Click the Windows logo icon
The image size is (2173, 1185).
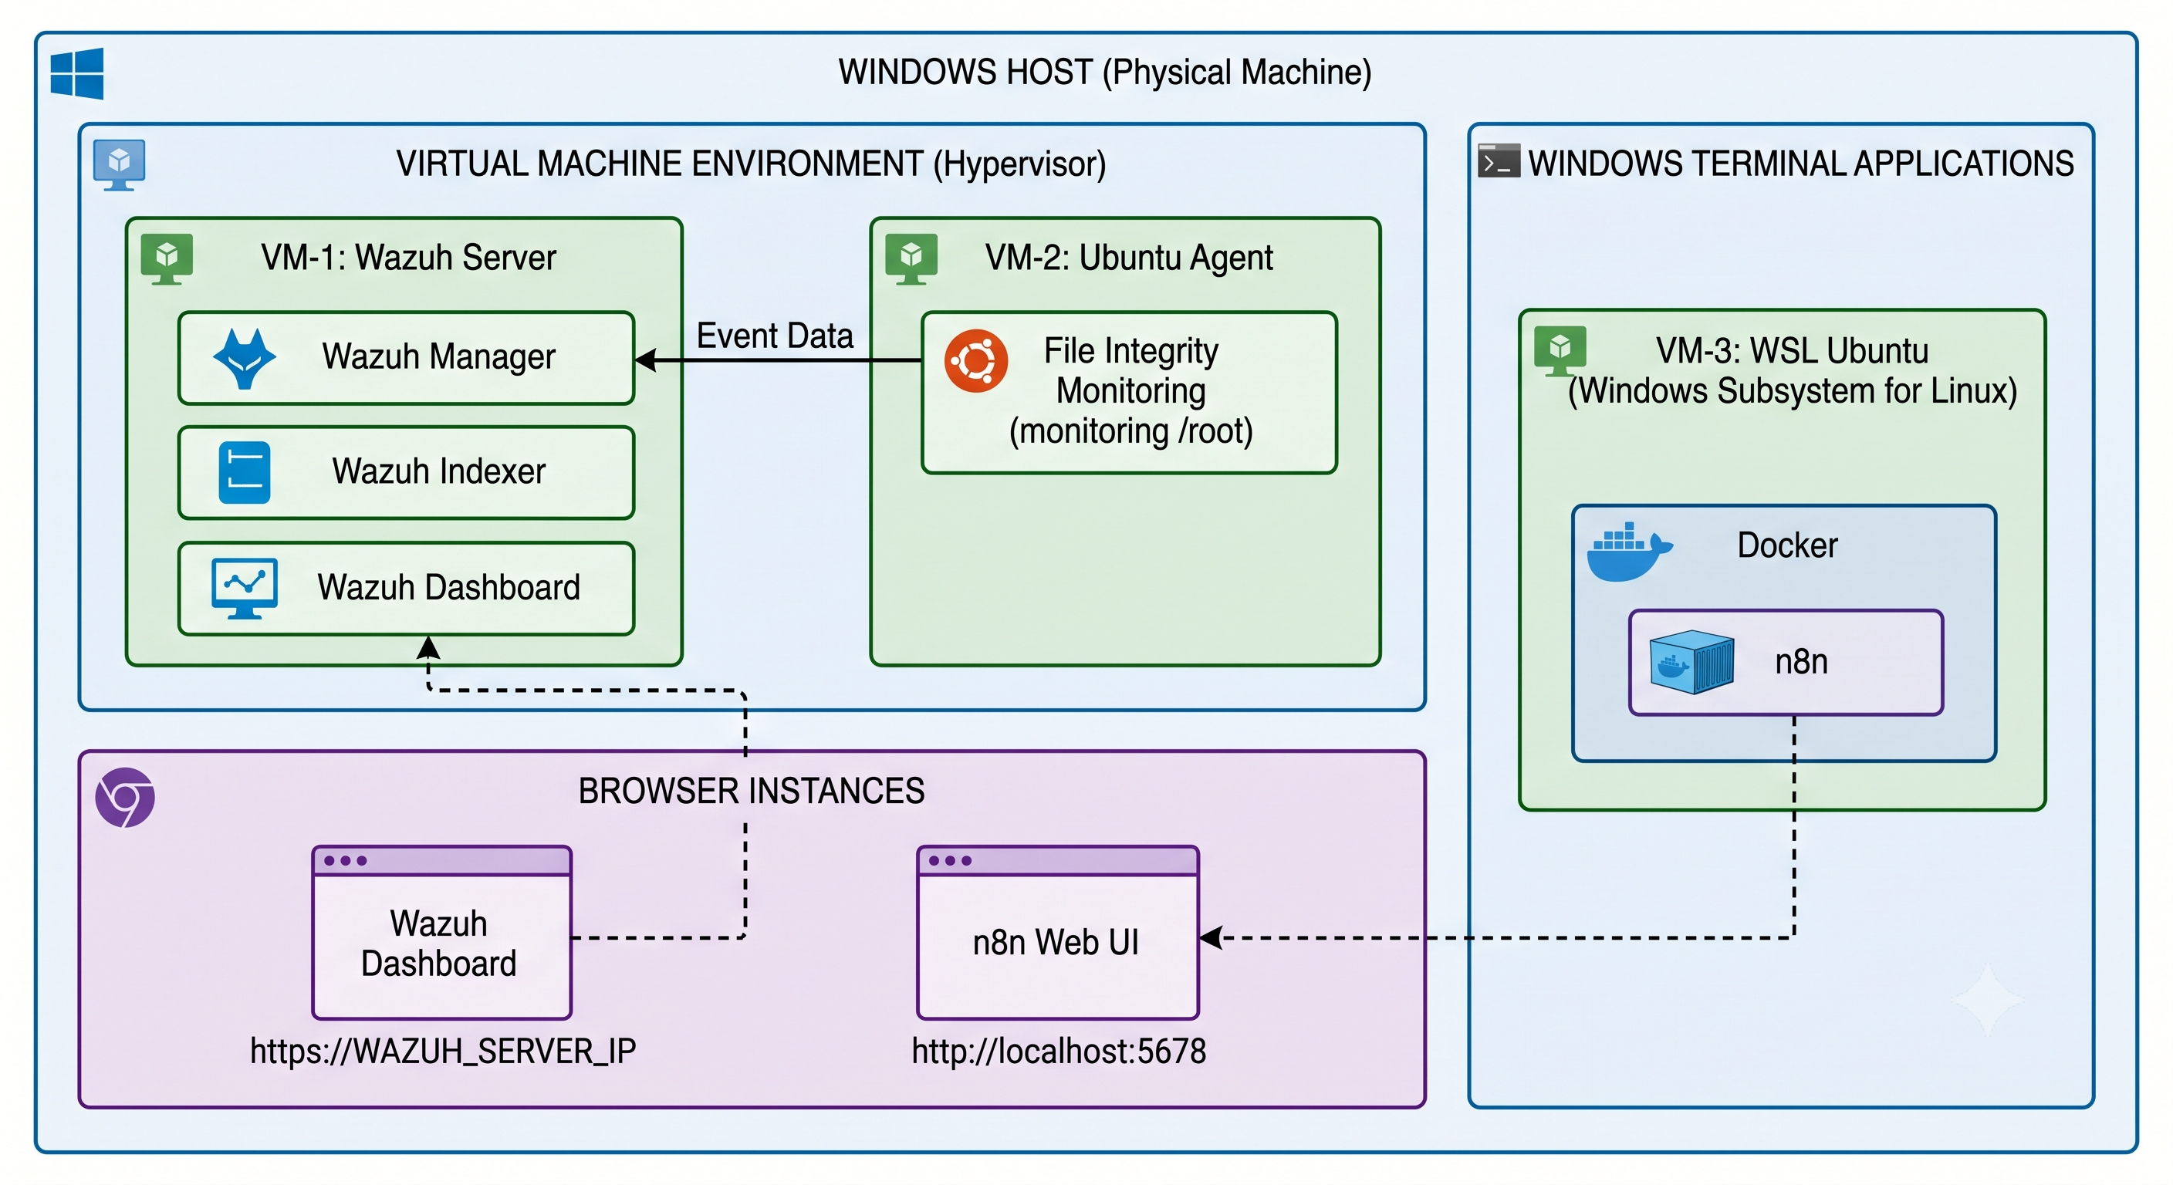point(76,73)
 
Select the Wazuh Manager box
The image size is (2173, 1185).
point(406,358)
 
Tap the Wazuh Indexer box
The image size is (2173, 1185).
point(406,472)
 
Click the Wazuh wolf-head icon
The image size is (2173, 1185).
point(245,359)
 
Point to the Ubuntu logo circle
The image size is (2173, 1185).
point(976,361)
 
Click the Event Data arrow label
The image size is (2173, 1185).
point(775,336)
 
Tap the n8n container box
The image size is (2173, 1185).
point(1786,662)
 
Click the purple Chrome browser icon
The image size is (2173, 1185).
point(125,797)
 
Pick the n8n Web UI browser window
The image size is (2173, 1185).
point(1058,932)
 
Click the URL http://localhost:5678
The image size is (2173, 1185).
point(1059,1052)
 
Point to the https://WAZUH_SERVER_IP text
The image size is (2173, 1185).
point(443,1052)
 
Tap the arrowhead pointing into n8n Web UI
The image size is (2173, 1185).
point(1212,938)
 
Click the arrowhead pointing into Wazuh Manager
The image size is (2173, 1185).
point(645,360)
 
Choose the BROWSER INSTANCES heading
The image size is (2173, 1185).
point(751,791)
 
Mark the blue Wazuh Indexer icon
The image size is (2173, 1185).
point(245,472)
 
